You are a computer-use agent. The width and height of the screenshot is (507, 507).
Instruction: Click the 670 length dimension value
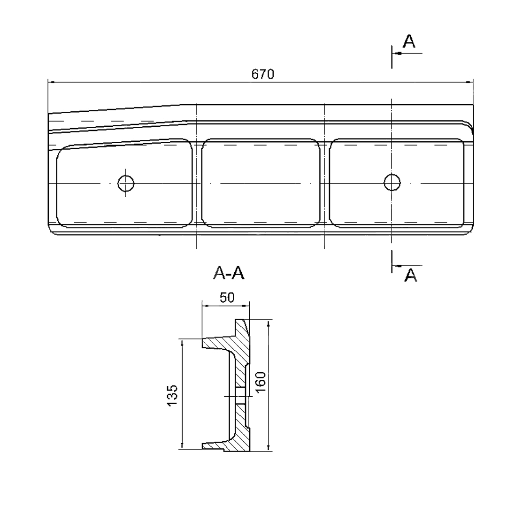pyautogui.click(x=262, y=74)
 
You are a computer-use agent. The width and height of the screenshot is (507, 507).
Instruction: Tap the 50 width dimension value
pyautogui.click(x=227, y=298)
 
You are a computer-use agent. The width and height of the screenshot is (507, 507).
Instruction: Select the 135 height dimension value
pyautogui.click(x=172, y=395)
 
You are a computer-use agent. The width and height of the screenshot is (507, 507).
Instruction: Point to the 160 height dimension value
pyautogui.click(x=260, y=382)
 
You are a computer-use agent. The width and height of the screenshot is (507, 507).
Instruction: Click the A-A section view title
pyautogui.click(x=229, y=273)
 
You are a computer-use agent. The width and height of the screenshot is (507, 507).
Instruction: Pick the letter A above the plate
pyautogui.click(x=409, y=41)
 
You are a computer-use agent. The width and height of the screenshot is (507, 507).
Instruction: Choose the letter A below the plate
pyautogui.click(x=411, y=276)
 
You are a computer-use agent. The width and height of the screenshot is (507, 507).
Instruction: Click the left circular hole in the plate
pyautogui.click(x=126, y=184)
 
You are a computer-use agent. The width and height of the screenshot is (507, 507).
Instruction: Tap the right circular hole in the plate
pyautogui.click(x=392, y=182)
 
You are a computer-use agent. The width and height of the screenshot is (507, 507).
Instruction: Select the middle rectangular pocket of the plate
pyautogui.click(x=261, y=183)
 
